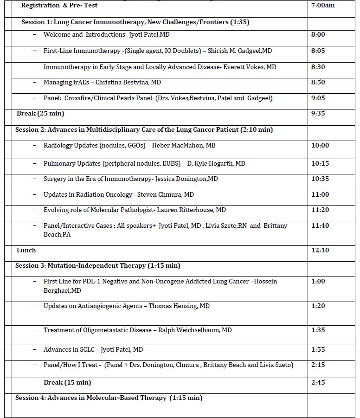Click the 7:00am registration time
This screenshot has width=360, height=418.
(323, 6)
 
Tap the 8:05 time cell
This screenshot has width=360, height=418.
(318, 51)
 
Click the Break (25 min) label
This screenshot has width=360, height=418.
(40, 113)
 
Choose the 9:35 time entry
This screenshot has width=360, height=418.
(318, 113)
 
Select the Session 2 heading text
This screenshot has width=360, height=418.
(144, 129)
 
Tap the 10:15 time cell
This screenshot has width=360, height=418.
(320, 163)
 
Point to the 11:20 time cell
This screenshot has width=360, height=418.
(320, 210)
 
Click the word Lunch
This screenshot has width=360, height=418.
(26, 250)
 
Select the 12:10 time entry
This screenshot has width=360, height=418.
(320, 250)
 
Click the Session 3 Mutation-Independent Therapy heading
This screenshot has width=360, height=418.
(97, 265)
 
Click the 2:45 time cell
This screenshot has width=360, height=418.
(318, 382)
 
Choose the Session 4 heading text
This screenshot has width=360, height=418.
(109, 398)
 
